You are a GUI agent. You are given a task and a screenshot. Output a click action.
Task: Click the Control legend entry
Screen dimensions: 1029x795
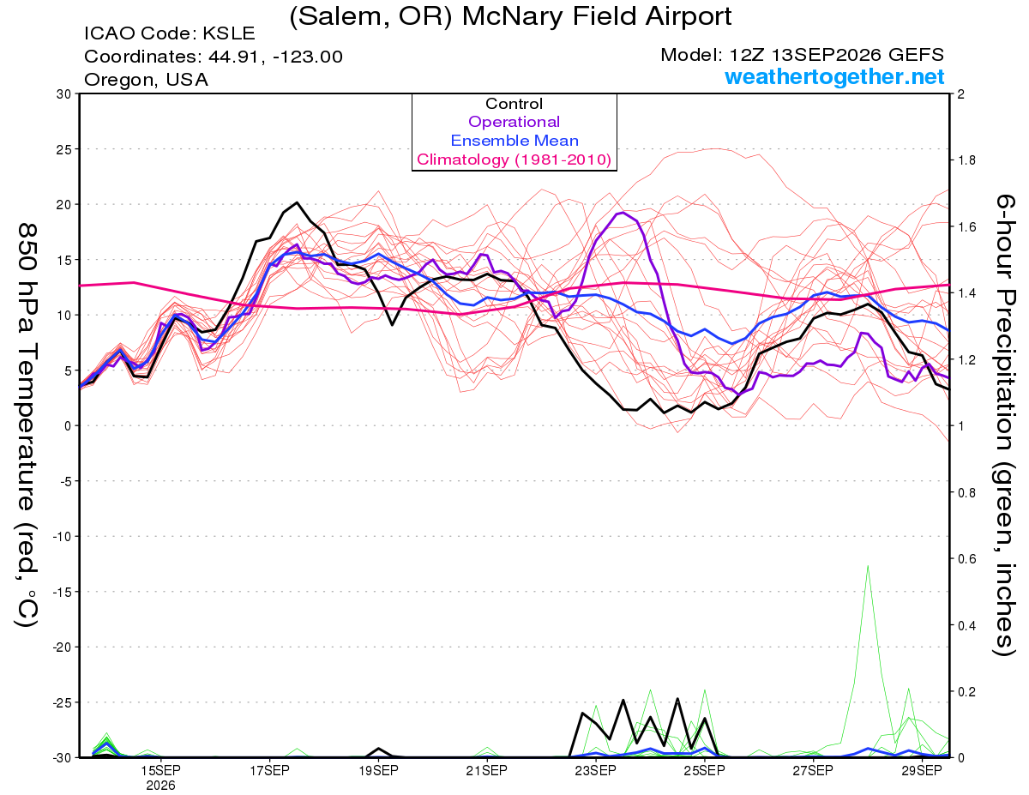pos(514,104)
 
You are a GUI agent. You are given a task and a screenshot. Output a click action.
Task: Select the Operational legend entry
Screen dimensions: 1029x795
pos(514,122)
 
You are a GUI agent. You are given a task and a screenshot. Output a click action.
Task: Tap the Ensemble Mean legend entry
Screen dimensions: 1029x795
pos(514,141)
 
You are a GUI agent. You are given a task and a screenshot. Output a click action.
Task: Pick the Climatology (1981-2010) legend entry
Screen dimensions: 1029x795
pos(514,160)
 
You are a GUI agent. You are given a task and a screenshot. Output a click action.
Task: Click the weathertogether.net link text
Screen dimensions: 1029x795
pos(834,76)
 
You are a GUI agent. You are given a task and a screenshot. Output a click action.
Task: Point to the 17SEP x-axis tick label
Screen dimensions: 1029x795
pos(269,770)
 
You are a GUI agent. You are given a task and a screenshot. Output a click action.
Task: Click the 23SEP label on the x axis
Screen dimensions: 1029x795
pos(595,770)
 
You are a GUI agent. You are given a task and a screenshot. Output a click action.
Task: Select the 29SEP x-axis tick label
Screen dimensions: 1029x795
pos(922,770)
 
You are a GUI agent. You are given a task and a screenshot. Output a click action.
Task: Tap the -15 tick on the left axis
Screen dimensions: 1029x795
pos(62,592)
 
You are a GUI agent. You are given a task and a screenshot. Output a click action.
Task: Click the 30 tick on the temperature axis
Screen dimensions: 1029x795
pos(63,94)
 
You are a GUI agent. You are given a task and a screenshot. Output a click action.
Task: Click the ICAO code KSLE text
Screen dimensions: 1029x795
pos(170,33)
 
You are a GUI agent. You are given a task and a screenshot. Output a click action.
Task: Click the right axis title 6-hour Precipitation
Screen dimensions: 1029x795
pos(1005,351)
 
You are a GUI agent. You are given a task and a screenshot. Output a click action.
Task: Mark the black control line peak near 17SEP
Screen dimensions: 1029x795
pos(297,202)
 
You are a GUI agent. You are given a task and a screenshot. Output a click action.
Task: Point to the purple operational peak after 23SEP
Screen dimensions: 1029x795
pos(623,213)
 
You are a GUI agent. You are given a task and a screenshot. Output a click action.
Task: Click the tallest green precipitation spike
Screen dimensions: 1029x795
pos(868,566)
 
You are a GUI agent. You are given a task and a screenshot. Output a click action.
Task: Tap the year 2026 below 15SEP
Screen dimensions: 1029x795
pos(160,786)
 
